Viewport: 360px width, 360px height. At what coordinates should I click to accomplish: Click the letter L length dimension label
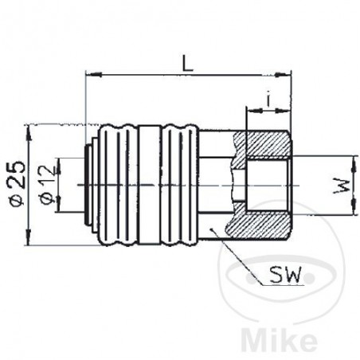pyautogui.click(x=185, y=61)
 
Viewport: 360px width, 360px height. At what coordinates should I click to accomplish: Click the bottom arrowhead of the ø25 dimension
pyautogui.click(x=30, y=243)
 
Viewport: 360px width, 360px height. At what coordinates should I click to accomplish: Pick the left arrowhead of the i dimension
pyautogui.click(x=250, y=112)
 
